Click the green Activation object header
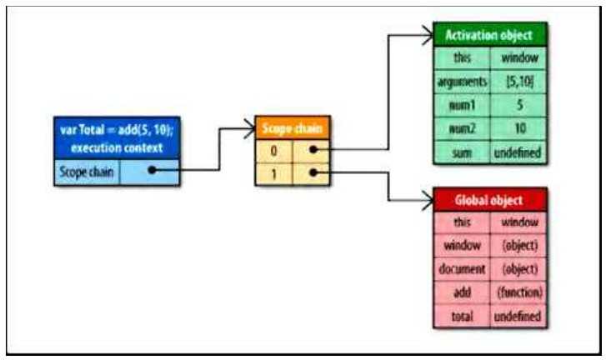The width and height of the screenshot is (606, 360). (x=489, y=36)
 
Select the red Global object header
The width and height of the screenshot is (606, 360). (x=489, y=200)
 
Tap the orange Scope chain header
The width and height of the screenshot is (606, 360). (x=292, y=129)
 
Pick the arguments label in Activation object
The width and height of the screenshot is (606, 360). (x=462, y=82)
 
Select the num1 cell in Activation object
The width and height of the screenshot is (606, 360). (x=462, y=106)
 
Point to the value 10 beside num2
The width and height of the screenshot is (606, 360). (x=519, y=129)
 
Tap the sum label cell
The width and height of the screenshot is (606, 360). (x=462, y=152)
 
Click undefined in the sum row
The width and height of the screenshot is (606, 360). (x=519, y=152)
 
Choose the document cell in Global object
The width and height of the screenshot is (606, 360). (x=462, y=270)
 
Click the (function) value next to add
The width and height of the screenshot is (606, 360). (x=519, y=293)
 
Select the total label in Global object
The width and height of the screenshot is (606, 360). (x=462, y=317)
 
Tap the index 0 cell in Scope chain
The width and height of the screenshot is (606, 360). (x=275, y=150)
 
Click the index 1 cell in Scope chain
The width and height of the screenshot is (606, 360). (x=275, y=173)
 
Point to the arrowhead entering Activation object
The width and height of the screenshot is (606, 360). (x=426, y=36)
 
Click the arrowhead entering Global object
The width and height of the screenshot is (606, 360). (x=426, y=200)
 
